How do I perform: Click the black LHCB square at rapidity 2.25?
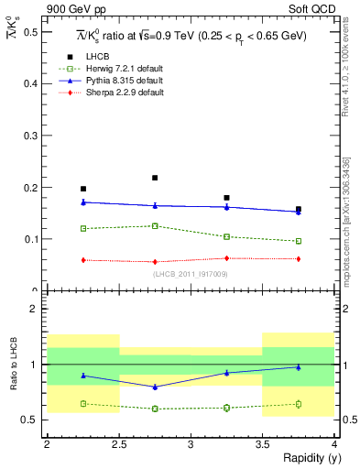pos(82,189)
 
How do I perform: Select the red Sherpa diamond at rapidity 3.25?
pos(226,258)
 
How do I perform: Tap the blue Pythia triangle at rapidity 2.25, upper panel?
pos(82,202)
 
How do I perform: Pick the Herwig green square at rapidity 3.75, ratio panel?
pos(299,404)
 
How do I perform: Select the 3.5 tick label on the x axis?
pos(262,444)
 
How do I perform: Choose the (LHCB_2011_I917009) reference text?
pos(191,274)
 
